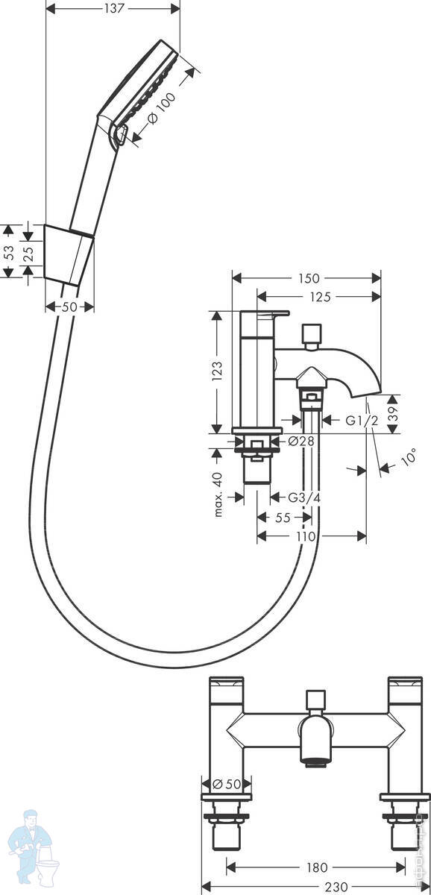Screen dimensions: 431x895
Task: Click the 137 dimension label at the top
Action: click(114, 9)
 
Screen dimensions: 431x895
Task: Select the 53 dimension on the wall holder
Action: click(9, 252)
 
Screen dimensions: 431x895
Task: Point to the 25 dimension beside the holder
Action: click(28, 254)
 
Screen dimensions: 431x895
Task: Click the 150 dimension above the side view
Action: click(309, 278)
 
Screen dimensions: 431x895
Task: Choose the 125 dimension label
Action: click(321, 297)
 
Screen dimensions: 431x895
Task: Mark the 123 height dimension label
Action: click(217, 371)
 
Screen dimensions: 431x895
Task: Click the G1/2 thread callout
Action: click(362, 421)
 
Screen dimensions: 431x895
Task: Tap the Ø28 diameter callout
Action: click(301, 441)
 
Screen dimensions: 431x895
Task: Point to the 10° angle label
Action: click(409, 456)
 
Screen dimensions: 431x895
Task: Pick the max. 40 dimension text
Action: click(218, 494)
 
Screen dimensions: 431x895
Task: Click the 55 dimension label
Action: click(283, 518)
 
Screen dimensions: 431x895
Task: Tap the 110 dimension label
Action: click(306, 536)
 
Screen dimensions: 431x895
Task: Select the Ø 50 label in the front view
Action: click(227, 784)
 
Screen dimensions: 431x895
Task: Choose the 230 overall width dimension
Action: click(336, 887)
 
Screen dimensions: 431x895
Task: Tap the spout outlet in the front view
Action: click(315, 764)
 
